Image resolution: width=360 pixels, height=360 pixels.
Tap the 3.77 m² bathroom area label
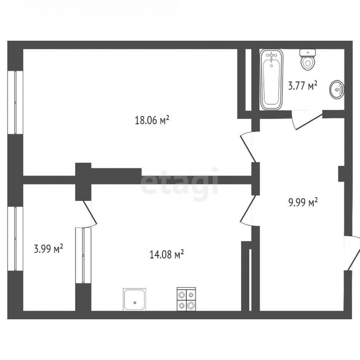tap(303, 86)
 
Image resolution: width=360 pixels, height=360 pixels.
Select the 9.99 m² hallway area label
tap(303, 202)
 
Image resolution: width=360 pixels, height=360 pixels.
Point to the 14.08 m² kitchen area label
tap(166, 254)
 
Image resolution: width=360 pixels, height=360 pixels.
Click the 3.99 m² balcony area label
tap(48, 249)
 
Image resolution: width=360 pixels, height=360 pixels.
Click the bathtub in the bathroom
tap(272, 80)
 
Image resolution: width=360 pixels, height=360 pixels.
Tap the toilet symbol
tap(308, 60)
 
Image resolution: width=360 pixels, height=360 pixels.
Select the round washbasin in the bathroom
tap(337, 89)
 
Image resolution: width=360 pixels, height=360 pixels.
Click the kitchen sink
tap(134, 299)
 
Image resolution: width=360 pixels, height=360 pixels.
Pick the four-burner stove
tap(186, 299)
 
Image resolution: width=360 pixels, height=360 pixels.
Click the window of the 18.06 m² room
tap(15, 102)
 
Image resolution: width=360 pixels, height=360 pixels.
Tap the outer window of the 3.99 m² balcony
tap(15, 239)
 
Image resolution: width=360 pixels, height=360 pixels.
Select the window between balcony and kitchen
tap(83, 255)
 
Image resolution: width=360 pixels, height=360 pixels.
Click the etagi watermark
tap(179, 184)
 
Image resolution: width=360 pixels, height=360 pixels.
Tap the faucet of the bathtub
tap(272, 56)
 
